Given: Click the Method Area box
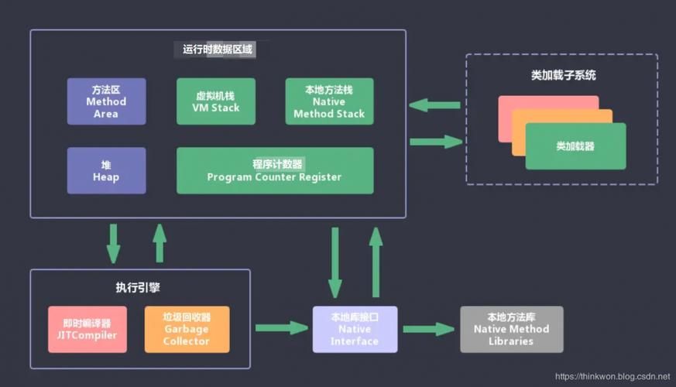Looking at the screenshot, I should [106, 101].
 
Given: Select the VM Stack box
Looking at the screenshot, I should [216, 101].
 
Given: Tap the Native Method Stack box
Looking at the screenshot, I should [329, 101].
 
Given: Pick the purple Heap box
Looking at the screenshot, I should [106, 170].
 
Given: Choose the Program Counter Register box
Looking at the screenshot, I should [274, 170].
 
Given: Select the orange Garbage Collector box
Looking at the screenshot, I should [187, 329].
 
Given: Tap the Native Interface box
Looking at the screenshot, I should [355, 329].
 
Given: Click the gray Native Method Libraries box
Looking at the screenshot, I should [511, 329].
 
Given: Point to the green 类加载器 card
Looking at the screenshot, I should [575, 146].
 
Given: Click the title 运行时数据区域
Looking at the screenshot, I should [218, 50].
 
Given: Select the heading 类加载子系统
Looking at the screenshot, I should [563, 76].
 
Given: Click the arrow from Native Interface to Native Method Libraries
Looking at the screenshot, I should [428, 329].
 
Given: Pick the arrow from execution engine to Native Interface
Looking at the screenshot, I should [281, 328].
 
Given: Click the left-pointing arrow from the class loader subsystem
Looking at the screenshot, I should [434, 105].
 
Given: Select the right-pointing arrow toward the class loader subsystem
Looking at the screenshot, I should [436, 141].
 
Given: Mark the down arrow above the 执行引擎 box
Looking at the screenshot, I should [114, 243].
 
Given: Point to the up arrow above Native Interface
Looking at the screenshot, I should [376, 262].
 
